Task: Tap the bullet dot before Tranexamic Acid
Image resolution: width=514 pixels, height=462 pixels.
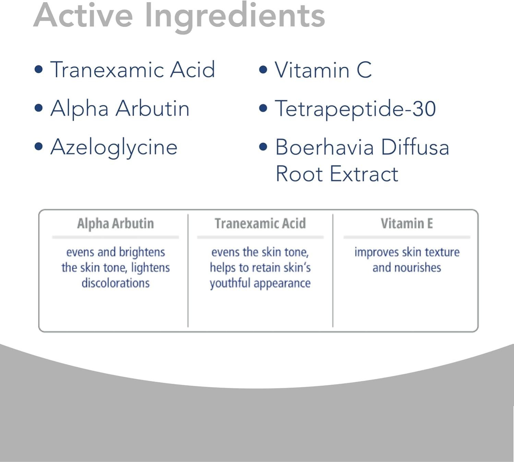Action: (38, 69)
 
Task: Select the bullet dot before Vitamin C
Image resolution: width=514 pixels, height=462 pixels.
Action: (263, 69)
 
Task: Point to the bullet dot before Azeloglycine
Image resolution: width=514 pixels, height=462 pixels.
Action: (38, 146)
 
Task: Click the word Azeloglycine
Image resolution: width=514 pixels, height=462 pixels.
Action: (114, 148)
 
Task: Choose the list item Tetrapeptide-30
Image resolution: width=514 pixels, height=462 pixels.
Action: (356, 109)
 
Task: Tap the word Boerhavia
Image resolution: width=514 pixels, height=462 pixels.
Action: (324, 147)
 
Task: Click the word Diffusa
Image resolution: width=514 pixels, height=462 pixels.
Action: (415, 147)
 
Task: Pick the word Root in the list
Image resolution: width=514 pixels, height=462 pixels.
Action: (299, 174)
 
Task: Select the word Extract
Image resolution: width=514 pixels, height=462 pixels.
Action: (364, 174)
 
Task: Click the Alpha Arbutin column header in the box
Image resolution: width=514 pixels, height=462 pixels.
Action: (116, 224)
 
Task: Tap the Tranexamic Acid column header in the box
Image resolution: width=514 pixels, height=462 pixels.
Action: (260, 224)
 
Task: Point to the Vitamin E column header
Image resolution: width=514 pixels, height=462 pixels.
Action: (407, 224)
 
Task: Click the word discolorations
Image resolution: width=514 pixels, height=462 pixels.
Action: (116, 283)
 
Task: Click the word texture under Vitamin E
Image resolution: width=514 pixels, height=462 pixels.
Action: (442, 252)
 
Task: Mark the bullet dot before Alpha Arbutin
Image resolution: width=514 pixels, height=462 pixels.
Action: (38, 108)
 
